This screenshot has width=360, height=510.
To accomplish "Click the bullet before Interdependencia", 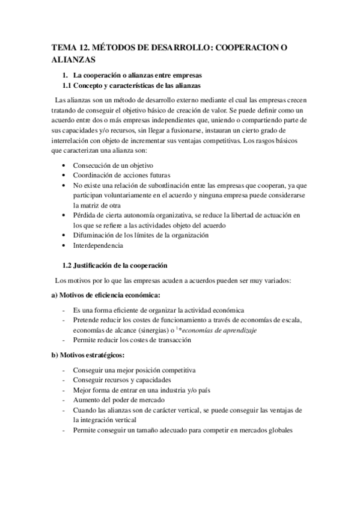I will coord(64,246).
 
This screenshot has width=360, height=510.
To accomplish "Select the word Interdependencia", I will coord(98,246).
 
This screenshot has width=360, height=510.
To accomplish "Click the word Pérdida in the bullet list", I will coord(84,215).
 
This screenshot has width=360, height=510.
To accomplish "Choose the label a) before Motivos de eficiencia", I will coord(55,295).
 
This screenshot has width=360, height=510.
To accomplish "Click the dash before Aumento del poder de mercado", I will coord(64,399).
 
